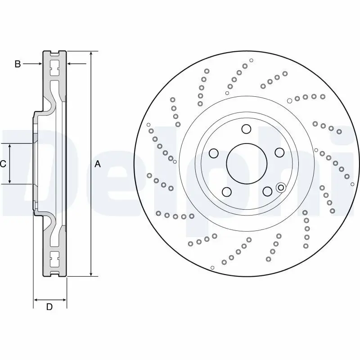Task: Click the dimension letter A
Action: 98,164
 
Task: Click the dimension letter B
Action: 18,64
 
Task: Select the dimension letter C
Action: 3,164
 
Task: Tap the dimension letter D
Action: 50,307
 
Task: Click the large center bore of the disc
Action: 246,163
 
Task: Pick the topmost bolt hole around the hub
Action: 246,129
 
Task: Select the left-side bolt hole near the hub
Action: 214,153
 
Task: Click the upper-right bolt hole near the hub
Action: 279,153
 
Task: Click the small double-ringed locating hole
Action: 281,187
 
